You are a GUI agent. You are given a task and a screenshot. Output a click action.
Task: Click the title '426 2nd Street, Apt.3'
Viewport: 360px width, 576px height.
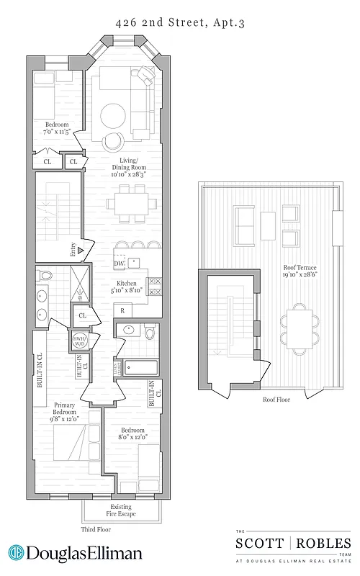pyautogui.click(x=180, y=23)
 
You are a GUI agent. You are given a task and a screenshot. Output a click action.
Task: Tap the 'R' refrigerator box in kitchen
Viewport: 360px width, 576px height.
pyautogui.click(x=124, y=310)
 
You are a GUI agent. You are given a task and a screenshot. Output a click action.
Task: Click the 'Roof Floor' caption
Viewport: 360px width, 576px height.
pyautogui.click(x=276, y=398)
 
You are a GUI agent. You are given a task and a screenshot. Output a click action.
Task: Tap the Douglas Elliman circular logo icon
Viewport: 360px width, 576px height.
pyautogui.click(x=17, y=553)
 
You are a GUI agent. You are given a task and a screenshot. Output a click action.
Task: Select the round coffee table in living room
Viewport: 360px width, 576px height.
pyautogui.click(x=114, y=115)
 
